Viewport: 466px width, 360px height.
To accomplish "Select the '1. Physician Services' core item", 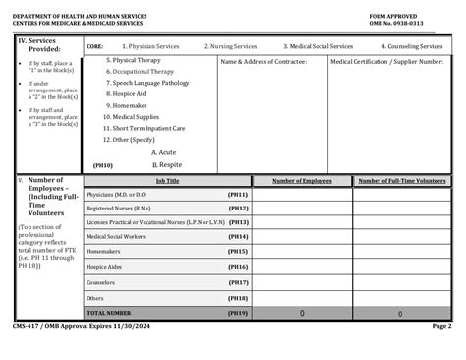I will click(149, 45).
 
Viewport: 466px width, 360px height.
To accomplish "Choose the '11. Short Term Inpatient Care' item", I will click(149, 127).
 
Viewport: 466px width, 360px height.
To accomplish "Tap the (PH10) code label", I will click(102, 165).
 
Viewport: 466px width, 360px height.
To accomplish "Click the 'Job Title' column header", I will click(167, 181).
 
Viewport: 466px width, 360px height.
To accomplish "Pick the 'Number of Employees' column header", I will click(302, 181).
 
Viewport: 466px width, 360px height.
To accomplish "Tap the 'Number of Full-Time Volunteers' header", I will click(401, 181).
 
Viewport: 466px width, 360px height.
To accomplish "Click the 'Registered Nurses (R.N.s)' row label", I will click(118, 209).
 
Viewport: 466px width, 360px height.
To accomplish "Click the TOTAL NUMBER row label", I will click(109, 312).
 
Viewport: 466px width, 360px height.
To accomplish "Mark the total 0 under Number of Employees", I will click(302, 313).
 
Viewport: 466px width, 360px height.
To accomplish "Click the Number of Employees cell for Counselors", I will click(302, 281).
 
